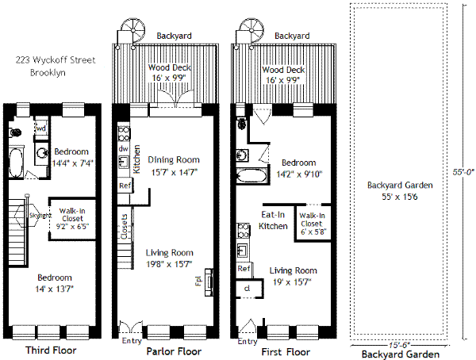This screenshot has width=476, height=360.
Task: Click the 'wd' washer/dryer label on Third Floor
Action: pos(40,128)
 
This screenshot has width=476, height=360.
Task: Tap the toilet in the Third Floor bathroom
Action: pos(15,132)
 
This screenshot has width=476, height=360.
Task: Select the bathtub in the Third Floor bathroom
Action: pos(15,163)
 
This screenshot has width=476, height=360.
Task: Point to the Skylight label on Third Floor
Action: pos(40,216)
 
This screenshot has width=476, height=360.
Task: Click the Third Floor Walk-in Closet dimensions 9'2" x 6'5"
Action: pos(72,227)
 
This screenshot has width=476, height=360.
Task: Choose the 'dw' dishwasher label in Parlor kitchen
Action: pos(123,148)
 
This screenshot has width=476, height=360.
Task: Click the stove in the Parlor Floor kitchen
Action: pos(124,134)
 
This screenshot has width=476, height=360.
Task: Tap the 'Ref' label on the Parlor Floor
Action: pos(125,186)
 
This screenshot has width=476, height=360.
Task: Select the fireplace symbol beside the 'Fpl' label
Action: pos(209,282)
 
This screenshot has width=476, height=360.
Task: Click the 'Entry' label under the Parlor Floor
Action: pos(132,341)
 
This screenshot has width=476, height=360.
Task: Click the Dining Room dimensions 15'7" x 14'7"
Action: pos(175,172)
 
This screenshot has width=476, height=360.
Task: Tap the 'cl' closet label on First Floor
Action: pos(247,288)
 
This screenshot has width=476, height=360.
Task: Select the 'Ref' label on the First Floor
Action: pos(244,269)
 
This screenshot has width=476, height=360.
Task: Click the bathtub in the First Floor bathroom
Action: pos(251,176)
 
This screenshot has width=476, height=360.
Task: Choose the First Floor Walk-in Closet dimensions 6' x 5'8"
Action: pos(313,232)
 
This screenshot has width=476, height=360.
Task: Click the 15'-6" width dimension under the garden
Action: pos(399,345)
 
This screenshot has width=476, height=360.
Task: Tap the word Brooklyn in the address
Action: pos(48,72)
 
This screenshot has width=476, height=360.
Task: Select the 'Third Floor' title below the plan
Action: pos(51,350)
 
